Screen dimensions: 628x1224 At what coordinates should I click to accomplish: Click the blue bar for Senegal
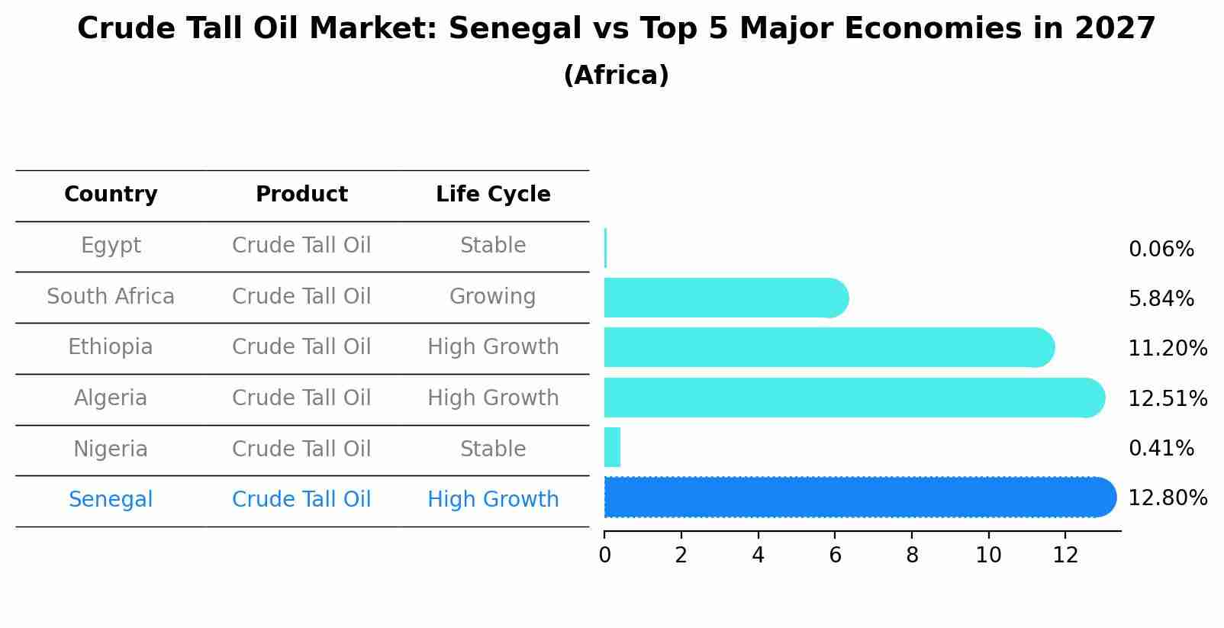click(855, 498)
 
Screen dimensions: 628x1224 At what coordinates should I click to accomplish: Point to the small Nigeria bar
click(612, 447)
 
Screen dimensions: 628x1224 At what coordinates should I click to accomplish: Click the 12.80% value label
click(1168, 498)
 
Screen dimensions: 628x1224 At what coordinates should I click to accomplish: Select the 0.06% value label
click(1161, 250)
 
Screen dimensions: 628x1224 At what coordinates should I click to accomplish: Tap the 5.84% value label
click(1161, 299)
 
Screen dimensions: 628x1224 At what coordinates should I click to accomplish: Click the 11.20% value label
click(1168, 349)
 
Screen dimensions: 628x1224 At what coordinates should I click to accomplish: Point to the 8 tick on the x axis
click(912, 556)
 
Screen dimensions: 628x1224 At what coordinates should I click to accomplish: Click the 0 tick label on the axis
click(604, 556)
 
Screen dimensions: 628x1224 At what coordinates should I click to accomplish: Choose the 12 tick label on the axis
click(1065, 556)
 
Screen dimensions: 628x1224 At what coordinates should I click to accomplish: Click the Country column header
click(111, 195)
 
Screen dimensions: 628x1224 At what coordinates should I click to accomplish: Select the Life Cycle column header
click(493, 195)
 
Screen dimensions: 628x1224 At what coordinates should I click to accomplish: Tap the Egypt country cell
click(111, 246)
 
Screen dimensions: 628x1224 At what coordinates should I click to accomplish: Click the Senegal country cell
click(111, 500)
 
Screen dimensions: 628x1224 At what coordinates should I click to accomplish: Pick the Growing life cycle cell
click(492, 297)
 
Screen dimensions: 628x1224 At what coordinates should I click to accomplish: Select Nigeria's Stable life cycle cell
click(492, 449)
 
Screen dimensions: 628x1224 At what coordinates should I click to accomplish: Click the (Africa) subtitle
click(616, 76)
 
